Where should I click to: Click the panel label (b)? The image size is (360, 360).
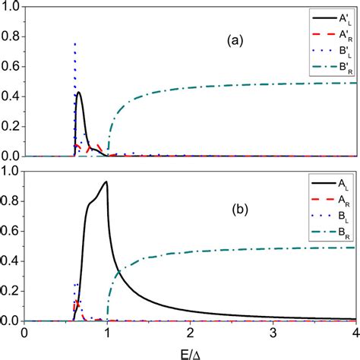tap(225, 226)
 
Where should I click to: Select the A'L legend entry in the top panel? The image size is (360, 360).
tap(339, 16)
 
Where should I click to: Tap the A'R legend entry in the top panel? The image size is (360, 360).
tap(339, 32)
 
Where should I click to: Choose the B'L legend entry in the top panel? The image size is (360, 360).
tap(339, 48)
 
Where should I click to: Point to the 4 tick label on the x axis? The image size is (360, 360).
tap(355, 333)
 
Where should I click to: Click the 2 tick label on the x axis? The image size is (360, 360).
tap(190, 333)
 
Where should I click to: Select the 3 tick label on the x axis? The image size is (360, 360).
tap(273, 333)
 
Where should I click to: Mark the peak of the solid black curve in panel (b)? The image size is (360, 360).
tap(106, 182)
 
